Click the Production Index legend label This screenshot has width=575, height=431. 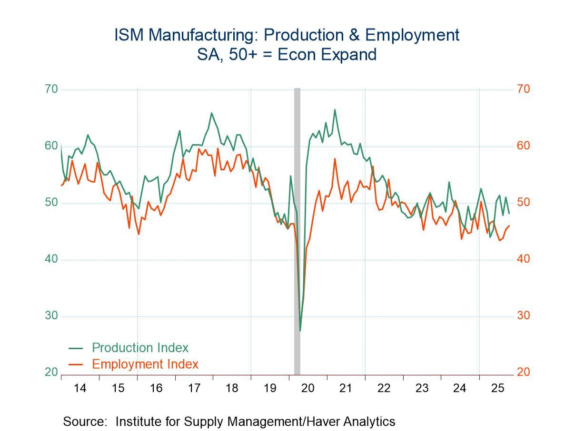click(x=140, y=348)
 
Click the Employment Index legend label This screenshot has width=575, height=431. click(x=145, y=364)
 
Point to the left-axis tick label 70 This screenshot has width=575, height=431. click(x=51, y=89)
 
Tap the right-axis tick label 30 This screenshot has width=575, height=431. click(x=523, y=316)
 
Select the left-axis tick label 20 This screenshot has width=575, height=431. click(x=51, y=372)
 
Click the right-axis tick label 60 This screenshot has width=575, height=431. click(x=523, y=146)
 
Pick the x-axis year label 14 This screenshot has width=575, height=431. click(x=80, y=388)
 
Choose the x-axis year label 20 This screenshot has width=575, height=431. click(x=308, y=388)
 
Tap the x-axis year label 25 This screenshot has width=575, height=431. click(x=497, y=388)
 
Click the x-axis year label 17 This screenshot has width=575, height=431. click(x=194, y=388)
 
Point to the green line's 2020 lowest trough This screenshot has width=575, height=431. click(x=300, y=331)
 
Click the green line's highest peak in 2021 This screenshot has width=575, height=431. click(x=335, y=110)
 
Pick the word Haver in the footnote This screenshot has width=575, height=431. click(x=322, y=421)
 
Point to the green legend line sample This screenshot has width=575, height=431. click(x=77, y=348)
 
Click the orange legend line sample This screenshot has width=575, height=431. click(x=77, y=365)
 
